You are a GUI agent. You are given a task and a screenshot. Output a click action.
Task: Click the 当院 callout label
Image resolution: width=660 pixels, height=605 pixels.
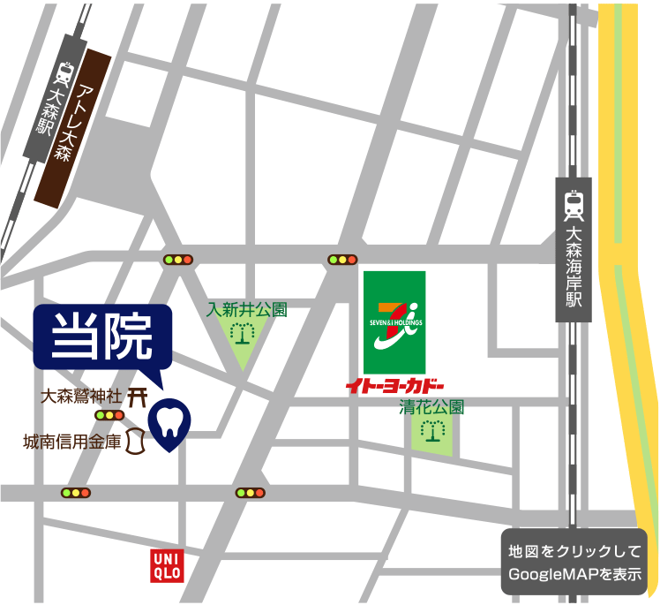coord(102,337)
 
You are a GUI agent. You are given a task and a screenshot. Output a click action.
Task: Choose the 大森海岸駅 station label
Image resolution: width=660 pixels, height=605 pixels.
coord(574,264)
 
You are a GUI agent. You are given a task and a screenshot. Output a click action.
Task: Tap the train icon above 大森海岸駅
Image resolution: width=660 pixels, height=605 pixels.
coord(574,205)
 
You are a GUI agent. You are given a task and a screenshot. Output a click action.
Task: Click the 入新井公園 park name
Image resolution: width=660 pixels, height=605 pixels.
coord(247,310)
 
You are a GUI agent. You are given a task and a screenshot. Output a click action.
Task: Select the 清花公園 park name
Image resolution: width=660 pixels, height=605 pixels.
coord(431,408)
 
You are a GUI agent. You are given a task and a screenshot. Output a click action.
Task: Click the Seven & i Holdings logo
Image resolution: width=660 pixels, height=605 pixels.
coord(394,321)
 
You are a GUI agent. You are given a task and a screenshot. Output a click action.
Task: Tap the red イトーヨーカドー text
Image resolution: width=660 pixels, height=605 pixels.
coord(394,386)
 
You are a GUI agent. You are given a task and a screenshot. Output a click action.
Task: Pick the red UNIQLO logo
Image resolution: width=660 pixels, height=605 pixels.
coord(167,563)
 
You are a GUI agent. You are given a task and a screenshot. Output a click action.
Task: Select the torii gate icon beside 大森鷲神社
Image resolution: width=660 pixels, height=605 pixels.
coord(137,397)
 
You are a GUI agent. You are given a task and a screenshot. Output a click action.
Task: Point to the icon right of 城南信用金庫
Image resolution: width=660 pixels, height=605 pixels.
coord(135,442)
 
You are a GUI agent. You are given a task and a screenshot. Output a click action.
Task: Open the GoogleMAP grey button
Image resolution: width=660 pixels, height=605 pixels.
coord(574,563)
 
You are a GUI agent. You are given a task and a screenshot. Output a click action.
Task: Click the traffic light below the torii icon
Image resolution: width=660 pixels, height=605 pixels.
coord(110,415)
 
